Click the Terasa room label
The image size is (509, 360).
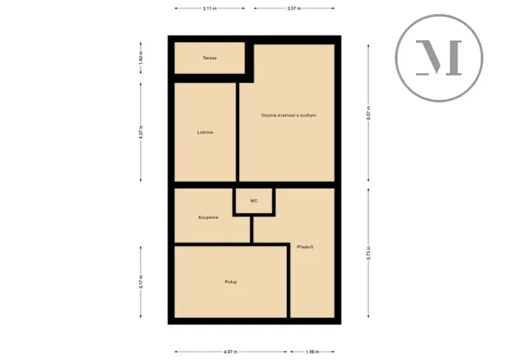(209, 58)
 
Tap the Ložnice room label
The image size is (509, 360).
(205, 132)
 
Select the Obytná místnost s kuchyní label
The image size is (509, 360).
(288, 115)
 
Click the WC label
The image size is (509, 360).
(254, 201)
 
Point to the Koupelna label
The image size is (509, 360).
(208, 218)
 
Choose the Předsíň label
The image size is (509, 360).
(305, 247)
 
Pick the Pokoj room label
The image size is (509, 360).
(230, 282)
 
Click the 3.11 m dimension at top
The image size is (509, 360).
(209, 8)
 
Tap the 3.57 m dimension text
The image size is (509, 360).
(293, 8)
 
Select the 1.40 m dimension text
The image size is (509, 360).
(141, 58)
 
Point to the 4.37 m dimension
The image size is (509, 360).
(141, 132)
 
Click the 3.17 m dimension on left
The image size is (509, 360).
(141, 282)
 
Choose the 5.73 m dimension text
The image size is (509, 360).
(368, 252)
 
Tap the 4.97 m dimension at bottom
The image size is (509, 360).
(230, 352)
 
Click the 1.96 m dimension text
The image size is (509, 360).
(312, 352)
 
